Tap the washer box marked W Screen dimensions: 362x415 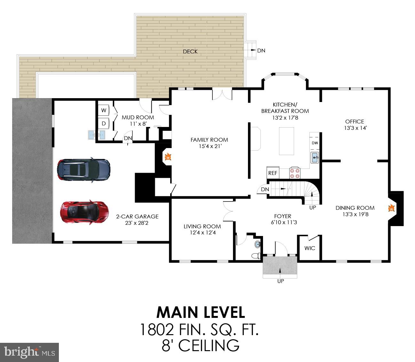click(104, 110)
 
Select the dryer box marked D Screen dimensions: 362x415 click(104, 123)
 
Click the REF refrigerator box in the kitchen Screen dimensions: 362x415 click(273, 173)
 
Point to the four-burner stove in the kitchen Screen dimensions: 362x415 click(295, 173)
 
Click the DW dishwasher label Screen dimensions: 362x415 click(315, 143)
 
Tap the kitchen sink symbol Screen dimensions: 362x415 click(315, 157)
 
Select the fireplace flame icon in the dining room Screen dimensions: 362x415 click(391, 209)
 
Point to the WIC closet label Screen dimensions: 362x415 click(310, 248)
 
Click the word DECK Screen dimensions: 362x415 click(190, 51)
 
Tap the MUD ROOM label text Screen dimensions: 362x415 click(138, 117)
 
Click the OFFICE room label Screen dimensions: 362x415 click(355, 122)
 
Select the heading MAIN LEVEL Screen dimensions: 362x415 click(201, 312)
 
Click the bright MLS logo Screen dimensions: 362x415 click(29, 352)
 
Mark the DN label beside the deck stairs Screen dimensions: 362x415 click(261, 51)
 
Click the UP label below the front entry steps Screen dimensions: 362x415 click(280, 281)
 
